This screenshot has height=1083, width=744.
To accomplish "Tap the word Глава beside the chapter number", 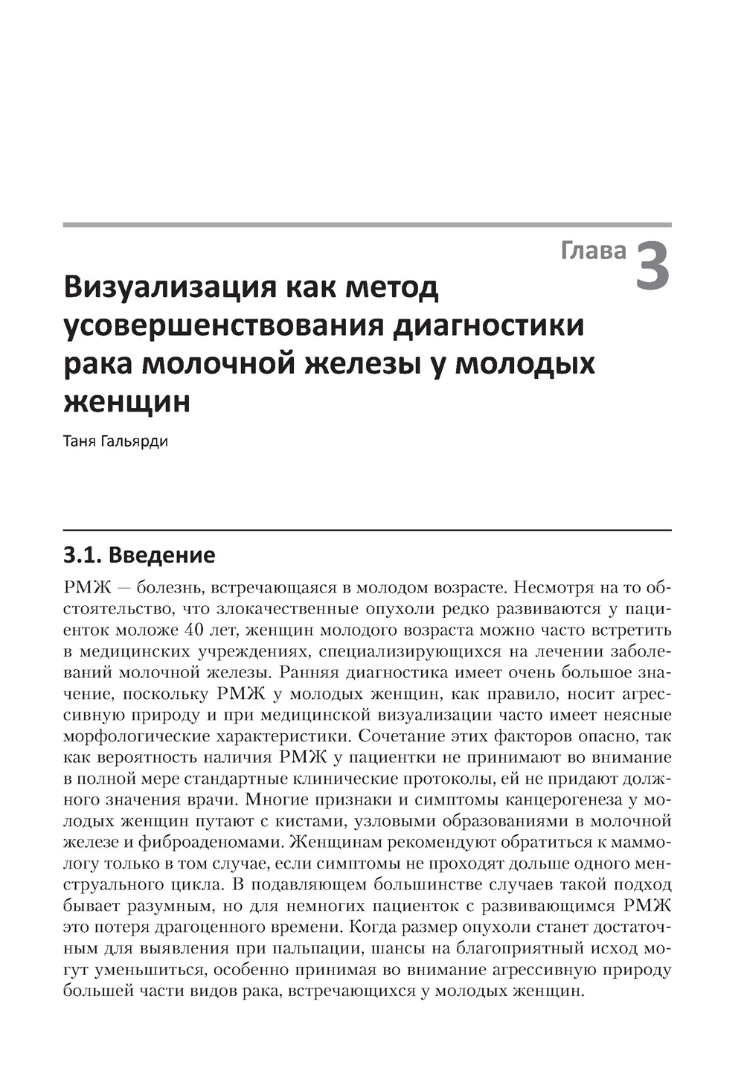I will click(x=593, y=251).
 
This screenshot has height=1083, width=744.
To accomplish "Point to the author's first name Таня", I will click(x=79, y=441).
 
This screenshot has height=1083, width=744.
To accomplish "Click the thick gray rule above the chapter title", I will click(x=367, y=224).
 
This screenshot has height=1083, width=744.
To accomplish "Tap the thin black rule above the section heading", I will click(x=367, y=530).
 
